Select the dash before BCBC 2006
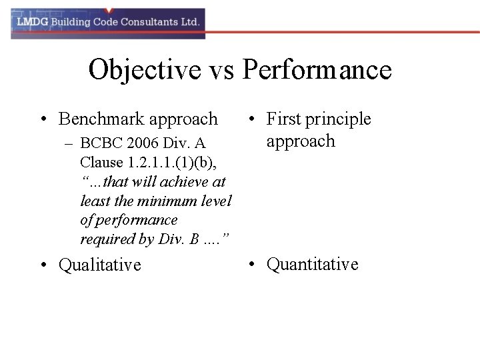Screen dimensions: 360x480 point(69,143)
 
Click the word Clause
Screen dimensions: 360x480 point(101,162)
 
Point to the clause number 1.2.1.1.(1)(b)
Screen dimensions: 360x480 point(174,162)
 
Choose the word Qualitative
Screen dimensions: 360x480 point(100,265)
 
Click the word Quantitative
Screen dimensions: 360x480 point(312,264)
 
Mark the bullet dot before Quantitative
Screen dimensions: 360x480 point(251,265)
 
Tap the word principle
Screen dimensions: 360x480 point(338,119)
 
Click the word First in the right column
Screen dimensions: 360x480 point(283,119)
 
